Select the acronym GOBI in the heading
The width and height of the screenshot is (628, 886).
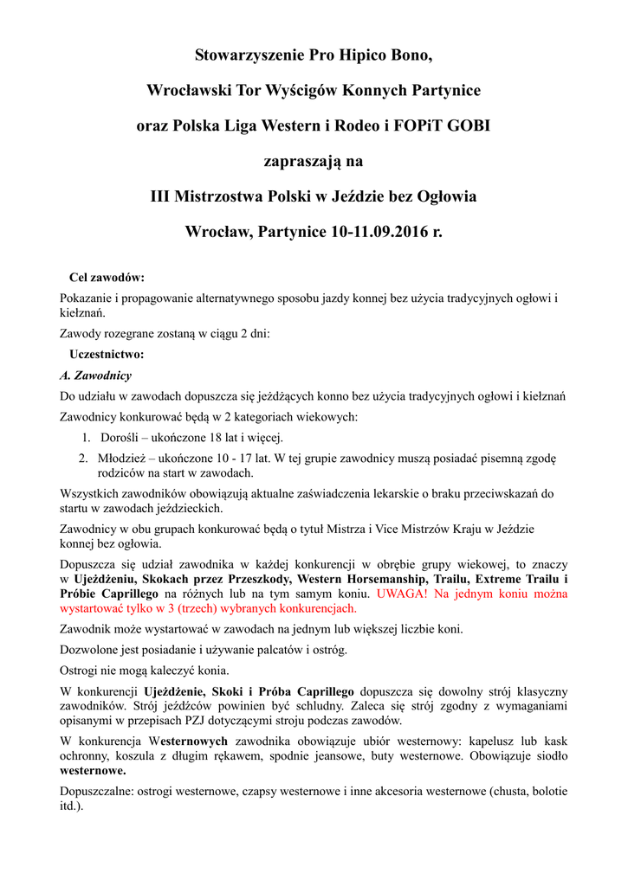[x=467, y=125]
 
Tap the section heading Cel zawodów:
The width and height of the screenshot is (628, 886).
[x=106, y=278]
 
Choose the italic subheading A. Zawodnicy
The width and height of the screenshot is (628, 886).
[x=95, y=376]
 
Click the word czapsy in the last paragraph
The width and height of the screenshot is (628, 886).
[x=265, y=791]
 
